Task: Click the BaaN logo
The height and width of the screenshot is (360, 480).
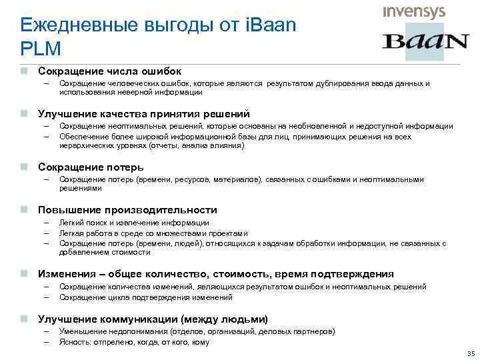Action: pos(425,42)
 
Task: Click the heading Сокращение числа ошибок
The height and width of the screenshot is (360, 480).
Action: pos(109,71)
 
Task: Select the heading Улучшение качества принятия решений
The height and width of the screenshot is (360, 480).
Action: pos(143,113)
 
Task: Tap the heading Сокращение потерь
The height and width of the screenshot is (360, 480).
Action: pos(91,167)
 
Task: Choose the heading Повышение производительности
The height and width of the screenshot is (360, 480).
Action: pos(127,209)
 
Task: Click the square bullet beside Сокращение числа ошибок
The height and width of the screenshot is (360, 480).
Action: pos(23,71)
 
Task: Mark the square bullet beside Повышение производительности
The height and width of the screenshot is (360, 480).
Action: pos(23,209)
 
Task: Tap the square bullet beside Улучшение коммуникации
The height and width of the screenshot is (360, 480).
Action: pos(23,319)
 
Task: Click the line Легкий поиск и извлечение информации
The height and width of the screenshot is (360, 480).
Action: pos(134,223)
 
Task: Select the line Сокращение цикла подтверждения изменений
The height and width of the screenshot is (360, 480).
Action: pos(145,297)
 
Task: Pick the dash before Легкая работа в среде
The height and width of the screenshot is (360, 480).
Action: pos(47,233)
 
